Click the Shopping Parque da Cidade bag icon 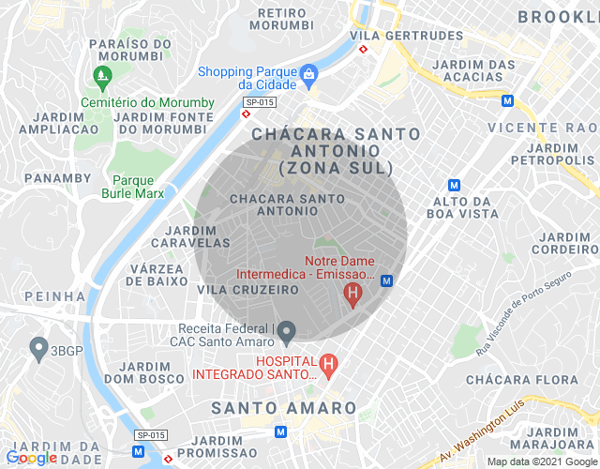(308, 73)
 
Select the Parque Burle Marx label (132, 187)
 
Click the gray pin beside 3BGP (38, 350)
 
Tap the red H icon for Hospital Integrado (327, 363)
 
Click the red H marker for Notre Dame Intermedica (352, 295)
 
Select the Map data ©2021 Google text (542, 461)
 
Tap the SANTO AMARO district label (284, 408)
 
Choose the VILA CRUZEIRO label (247, 291)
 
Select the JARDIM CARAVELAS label (197, 236)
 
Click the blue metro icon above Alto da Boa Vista (455, 185)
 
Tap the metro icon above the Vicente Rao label (507, 100)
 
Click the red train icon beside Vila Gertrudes (363, 51)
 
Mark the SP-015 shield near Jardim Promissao (150, 435)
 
